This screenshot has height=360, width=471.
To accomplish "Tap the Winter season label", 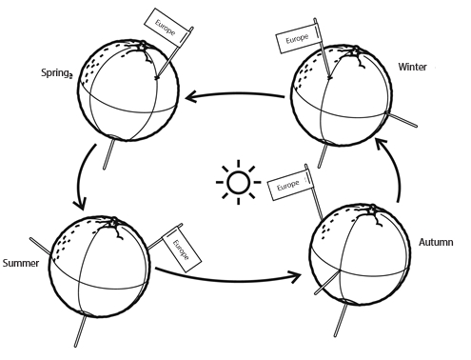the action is [x=412, y=67].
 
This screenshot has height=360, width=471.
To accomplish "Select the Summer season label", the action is [x=21, y=263].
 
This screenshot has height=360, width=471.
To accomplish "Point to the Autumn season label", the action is [x=436, y=242].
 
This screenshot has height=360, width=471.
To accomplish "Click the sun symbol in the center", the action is [x=238, y=182].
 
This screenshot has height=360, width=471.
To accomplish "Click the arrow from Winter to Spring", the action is [x=235, y=94].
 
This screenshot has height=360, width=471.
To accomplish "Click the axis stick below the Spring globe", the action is [x=108, y=154].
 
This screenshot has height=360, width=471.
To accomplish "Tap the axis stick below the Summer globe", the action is [x=81, y=330].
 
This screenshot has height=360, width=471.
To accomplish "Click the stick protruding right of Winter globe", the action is [x=402, y=120].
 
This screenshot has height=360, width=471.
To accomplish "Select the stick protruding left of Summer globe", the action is [x=40, y=247].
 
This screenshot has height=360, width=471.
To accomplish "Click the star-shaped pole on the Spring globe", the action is [x=144, y=45].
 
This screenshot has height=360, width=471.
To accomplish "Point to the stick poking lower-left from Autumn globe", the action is [x=325, y=284].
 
